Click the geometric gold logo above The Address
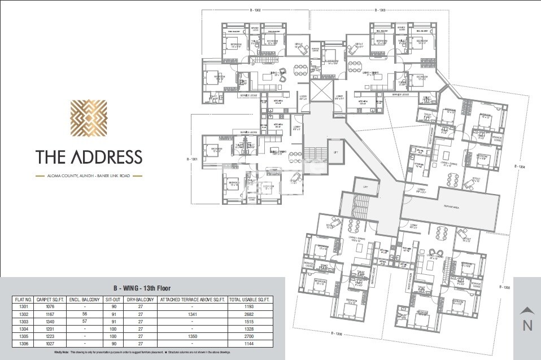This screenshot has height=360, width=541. click(89, 120)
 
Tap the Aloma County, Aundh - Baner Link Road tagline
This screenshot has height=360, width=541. click(89, 176)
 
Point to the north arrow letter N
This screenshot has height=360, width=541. click(527, 325)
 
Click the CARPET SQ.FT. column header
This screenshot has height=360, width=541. click(50, 300)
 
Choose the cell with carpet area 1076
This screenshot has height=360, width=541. click(50, 307)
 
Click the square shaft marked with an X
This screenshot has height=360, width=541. click(319, 90)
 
